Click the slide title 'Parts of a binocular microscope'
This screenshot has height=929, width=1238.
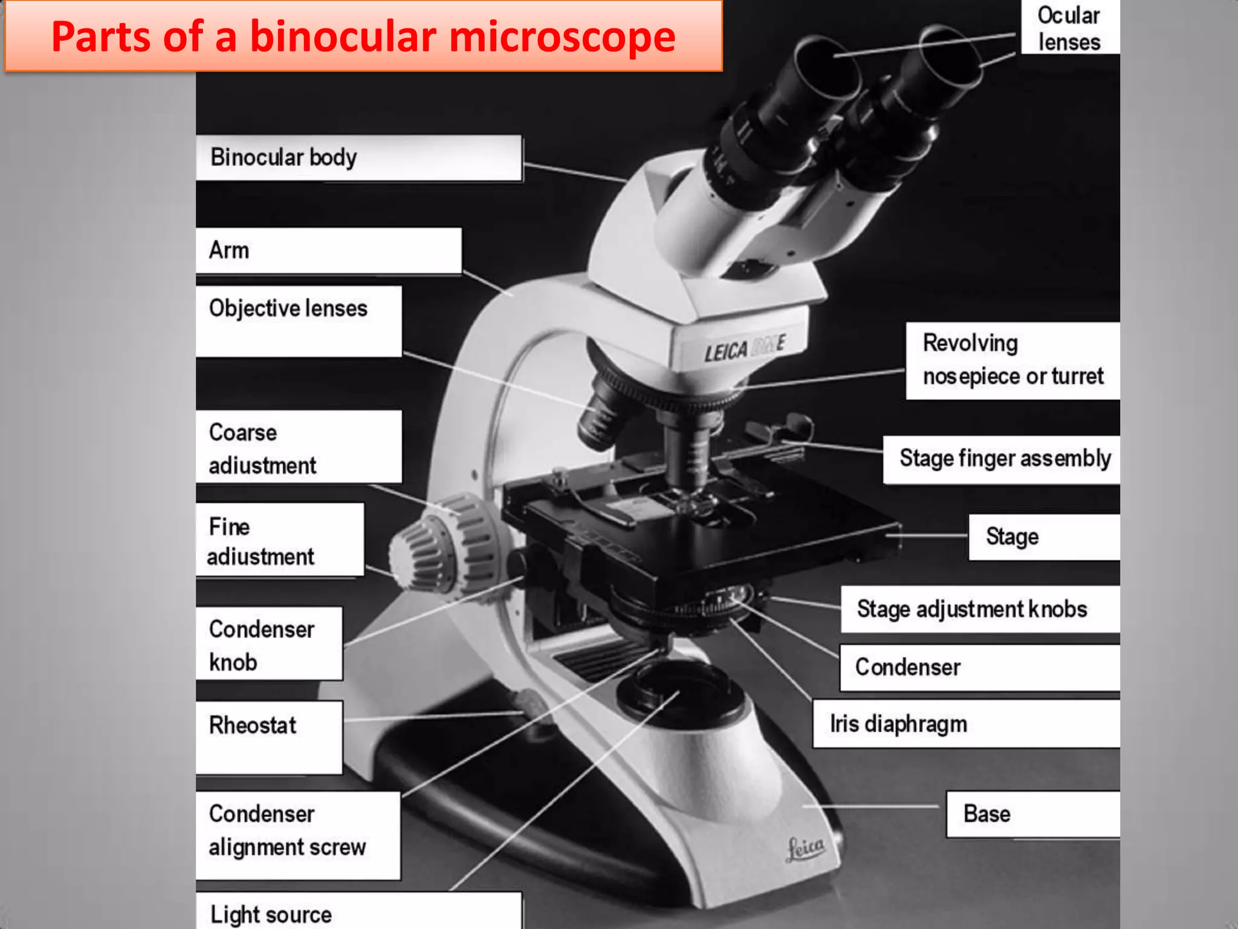(x=363, y=37)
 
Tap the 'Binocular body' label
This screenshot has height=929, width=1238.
(x=284, y=157)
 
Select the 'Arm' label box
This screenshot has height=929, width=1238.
(x=229, y=250)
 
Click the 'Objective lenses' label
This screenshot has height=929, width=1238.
(x=288, y=309)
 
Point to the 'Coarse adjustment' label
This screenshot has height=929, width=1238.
(x=262, y=449)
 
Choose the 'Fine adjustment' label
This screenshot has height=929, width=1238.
(x=261, y=541)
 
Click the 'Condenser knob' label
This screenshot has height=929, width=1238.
(x=262, y=645)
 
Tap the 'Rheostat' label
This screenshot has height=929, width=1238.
(x=253, y=725)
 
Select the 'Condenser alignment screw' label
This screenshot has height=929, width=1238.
(x=287, y=830)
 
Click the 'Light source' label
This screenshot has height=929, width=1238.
(x=271, y=914)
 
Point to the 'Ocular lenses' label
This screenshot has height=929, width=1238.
(x=1069, y=28)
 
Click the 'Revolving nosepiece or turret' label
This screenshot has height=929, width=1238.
(x=1013, y=360)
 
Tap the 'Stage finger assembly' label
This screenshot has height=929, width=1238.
(x=1005, y=458)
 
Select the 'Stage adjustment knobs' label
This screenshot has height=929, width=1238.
(x=972, y=609)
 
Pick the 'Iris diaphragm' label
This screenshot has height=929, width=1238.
(x=898, y=724)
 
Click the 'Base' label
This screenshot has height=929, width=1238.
(x=987, y=814)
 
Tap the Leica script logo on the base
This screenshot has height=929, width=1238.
(x=805, y=848)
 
